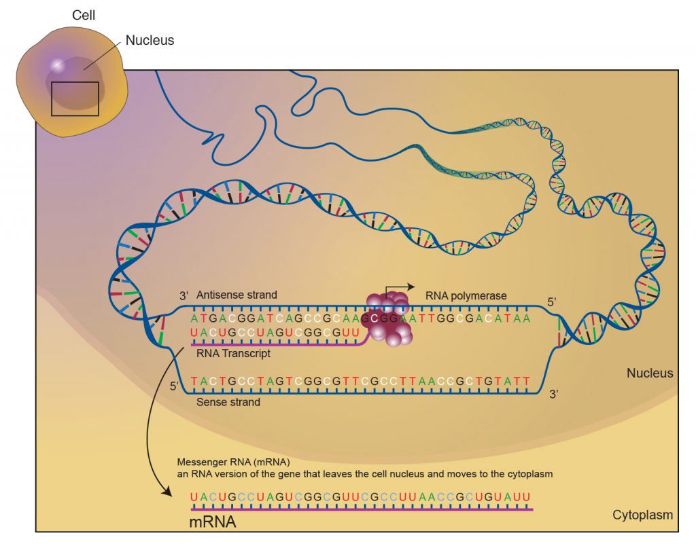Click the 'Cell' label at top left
tap(84, 15)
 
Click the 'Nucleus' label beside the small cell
tap(150, 40)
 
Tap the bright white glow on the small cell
tap(57, 65)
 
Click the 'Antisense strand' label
tap(237, 295)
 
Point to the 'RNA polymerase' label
tap(466, 296)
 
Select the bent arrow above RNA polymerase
tap(399, 289)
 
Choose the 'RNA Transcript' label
tap(234, 354)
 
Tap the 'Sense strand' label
tap(228, 402)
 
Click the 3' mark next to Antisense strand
tap(184, 296)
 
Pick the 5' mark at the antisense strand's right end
tap(552, 302)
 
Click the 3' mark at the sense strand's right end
tap(553, 394)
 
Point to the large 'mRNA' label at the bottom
tap(213, 521)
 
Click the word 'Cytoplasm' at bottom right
tap(643, 515)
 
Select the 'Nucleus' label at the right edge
tap(650, 373)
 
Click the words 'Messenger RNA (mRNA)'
tap(234, 462)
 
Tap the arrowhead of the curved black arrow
tap(167, 492)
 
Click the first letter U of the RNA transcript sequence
tap(194, 332)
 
